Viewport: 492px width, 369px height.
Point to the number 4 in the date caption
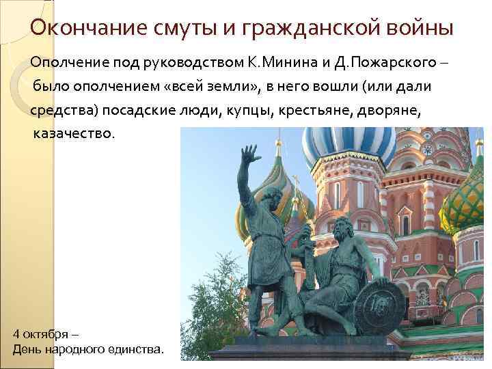click(17, 334)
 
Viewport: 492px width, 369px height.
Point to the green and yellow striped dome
click(467, 202)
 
